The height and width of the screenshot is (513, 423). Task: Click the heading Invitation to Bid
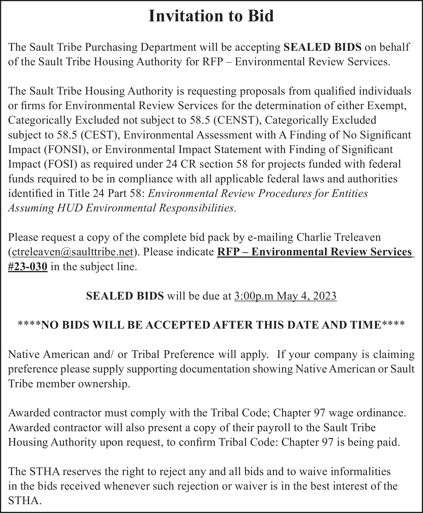coord(211,16)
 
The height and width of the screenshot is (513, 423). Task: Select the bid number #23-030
coord(28,267)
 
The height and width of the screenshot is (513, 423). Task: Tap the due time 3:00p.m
coord(254,296)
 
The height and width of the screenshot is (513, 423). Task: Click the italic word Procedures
coord(277,194)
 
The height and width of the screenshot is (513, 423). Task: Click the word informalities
coord(360,471)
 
